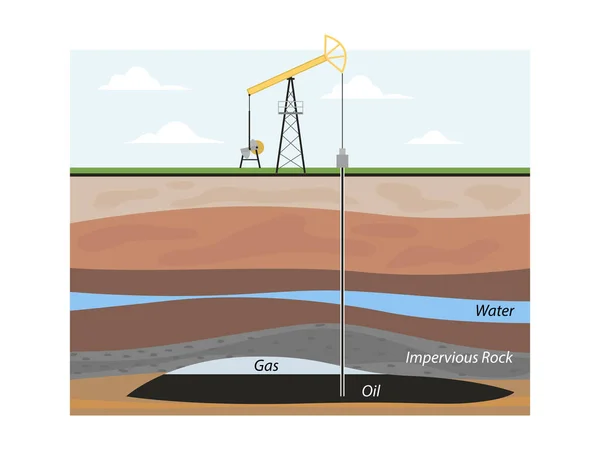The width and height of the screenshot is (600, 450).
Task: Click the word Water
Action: coord(495,312)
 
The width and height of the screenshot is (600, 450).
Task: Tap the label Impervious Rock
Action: coord(459,356)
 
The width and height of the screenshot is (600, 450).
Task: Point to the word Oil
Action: coord(371,391)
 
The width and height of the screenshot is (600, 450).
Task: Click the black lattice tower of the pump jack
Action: coord(290,130)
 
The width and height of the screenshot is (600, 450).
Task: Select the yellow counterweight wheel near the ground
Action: coord(258,147)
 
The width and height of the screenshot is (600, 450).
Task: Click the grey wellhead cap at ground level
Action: coord(343,159)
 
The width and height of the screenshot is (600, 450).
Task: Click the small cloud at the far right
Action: coord(434,137)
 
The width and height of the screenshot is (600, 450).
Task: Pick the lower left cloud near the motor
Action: coord(177,133)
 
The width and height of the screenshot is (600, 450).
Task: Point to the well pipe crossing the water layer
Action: coord(343,300)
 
